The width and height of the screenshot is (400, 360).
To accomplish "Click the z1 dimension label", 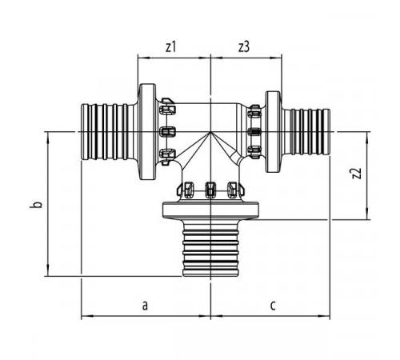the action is coord(170,47).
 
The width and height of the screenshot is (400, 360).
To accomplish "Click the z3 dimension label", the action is coord(244,47).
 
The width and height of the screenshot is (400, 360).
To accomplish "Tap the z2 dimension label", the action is coord(357,174).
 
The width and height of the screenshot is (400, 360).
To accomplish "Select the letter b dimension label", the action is coord(38,205).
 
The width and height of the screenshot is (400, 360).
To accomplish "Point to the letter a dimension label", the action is coord(145,306).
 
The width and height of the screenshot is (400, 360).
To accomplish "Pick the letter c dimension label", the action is coord(273,306).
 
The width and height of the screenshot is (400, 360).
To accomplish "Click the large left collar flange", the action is coord(147,132).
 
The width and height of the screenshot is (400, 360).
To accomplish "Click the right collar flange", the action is coord(273,132).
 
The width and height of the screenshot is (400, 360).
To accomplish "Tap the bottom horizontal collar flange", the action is coord(210,210).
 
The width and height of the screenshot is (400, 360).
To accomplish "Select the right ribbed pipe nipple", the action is coord(306,132).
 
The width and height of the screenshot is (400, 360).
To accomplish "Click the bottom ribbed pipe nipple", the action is coord(210,248).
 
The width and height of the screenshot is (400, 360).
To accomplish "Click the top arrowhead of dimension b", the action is coord(48,138).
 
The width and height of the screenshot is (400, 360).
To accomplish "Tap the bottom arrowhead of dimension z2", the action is coord(367,214).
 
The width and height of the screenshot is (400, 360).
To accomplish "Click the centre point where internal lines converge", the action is coord(210,132).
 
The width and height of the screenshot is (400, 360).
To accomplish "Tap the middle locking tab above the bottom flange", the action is coord(210,190).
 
